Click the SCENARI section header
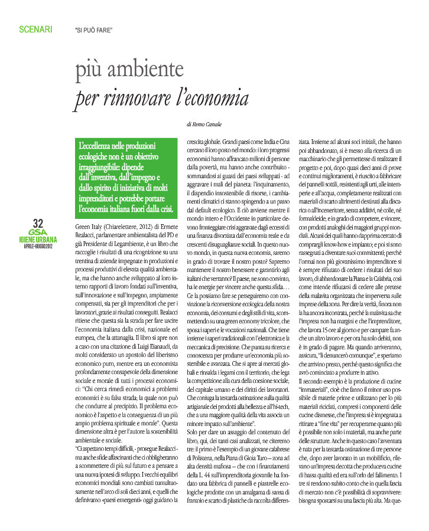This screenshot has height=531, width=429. [35, 28]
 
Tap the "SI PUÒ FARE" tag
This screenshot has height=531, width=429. [93, 29]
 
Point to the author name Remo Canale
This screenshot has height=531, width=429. [209, 124]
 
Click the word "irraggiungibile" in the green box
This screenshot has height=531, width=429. [104, 166]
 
